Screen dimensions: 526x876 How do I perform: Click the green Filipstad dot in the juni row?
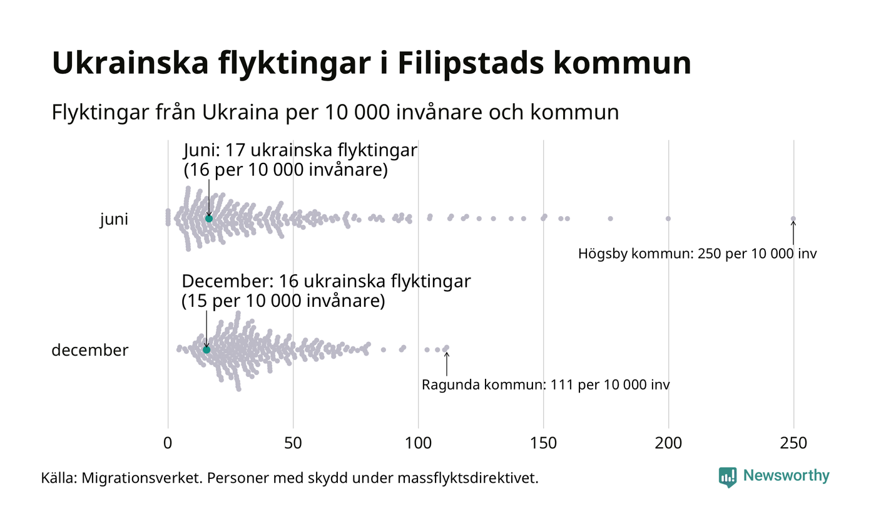209,219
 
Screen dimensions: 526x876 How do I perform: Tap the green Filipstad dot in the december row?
206,349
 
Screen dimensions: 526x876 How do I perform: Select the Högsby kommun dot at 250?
793,219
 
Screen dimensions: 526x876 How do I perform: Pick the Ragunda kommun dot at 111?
446,348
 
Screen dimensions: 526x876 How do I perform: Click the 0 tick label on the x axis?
168,443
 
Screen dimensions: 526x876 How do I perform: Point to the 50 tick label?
293,443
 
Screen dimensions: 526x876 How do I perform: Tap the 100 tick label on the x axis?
418,443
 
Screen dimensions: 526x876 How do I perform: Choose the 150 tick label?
543,443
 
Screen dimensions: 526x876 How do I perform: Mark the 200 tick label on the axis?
668,443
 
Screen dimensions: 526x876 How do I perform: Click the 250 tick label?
793,443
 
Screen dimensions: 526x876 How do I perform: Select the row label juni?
114,220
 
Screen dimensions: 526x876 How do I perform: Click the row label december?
89,350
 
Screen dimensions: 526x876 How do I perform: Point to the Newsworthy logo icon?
728,477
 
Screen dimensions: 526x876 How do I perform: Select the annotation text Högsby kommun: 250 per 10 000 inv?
697,254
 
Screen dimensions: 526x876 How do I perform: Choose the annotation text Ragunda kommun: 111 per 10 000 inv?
546,384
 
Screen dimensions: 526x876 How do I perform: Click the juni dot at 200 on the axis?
668,219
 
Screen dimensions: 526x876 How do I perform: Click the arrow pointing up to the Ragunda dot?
447,363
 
